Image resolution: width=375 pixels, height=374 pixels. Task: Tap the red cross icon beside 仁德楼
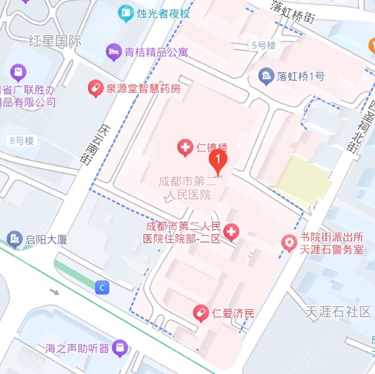pyautogui.click(x=186, y=146)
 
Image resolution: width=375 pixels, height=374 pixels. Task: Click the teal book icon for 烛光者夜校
pyautogui.click(x=126, y=11)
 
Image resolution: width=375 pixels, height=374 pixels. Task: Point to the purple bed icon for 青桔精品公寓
pyautogui.click(x=113, y=52)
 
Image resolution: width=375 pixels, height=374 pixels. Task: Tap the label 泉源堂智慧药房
pyautogui.click(x=143, y=88)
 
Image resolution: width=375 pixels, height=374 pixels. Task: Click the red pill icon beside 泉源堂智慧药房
pyautogui.click(x=96, y=88)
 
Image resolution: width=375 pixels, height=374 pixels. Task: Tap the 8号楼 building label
pyautogui.click(x=22, y=141)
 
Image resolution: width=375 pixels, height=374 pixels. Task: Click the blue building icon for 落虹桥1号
pyautogui.click(x=266, y=76)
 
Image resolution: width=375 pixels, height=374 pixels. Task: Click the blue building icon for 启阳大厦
pyautogui.click(x=15, y=238)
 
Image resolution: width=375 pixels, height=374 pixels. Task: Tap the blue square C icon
pyautogui.click(x=101, y=287)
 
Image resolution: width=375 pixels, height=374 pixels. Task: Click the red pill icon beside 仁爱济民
pyautogui.click(x=201, y=313)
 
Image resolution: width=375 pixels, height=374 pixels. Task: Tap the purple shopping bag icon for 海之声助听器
pyautogui.click(x=122, y=347)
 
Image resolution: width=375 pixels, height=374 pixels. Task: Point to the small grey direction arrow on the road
pyautogui.click(x=54, y=292)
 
